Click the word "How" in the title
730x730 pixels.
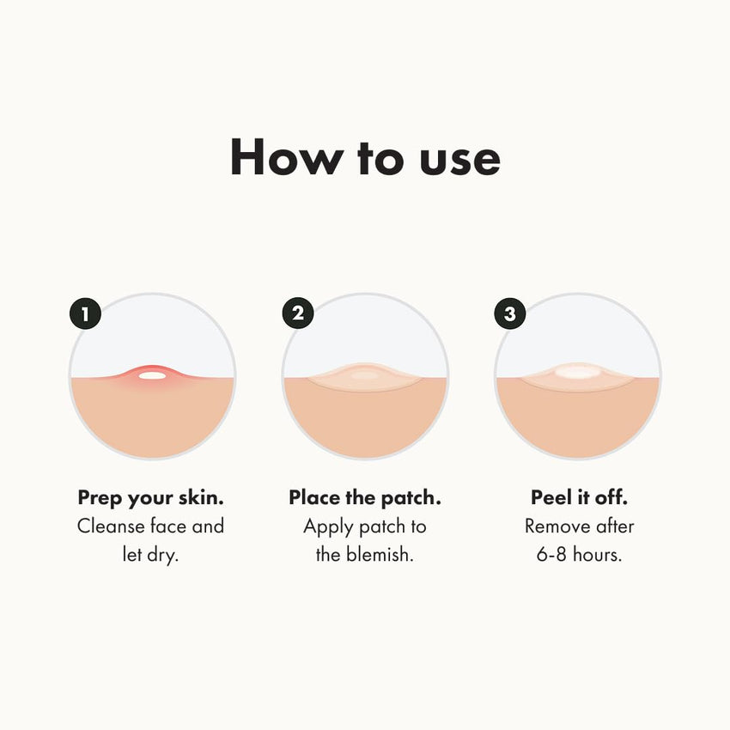pos(275,158)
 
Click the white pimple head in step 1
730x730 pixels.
pos(151,375)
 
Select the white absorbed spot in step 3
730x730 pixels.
pos(578,373)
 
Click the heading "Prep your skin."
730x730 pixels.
pos(151,498)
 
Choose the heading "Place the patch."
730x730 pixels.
pos(364,498)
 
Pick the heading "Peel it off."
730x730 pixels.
pos(579,498)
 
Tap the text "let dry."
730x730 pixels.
pos(151,555)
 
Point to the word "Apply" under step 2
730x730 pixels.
pos(325,526)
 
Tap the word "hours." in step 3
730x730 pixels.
pos(599,555)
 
